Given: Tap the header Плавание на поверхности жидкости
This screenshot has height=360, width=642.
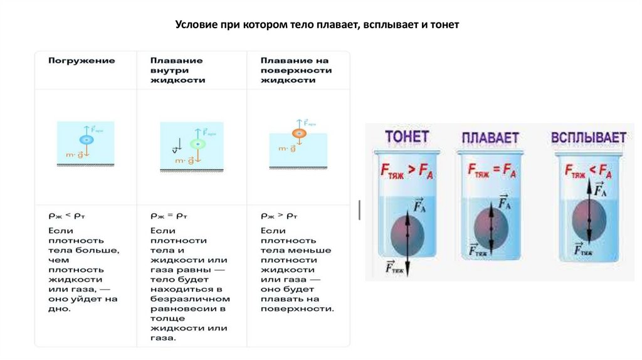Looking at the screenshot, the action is pyautogui.click(x=295, y=70).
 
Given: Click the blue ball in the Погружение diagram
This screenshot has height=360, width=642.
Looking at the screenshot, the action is pyautogui.click(x=86, y=140).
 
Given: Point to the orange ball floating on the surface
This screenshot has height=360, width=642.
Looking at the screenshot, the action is pyautogui.click(x=298, y=133).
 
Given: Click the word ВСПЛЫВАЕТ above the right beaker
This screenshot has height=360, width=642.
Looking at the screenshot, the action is pyautogui.click(x=588, y=137).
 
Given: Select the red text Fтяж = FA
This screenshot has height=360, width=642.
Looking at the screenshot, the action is pyautogui.click(x=492, y=170).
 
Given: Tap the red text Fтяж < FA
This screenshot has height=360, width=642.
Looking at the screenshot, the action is pyautogui.click(x=587, y=170).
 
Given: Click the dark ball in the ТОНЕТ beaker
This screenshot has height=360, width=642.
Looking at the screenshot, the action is pyautogui.click(x=408, y=234).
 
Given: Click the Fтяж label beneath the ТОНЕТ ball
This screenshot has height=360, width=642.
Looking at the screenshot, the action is pyautogui.click(x=394, y=267).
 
